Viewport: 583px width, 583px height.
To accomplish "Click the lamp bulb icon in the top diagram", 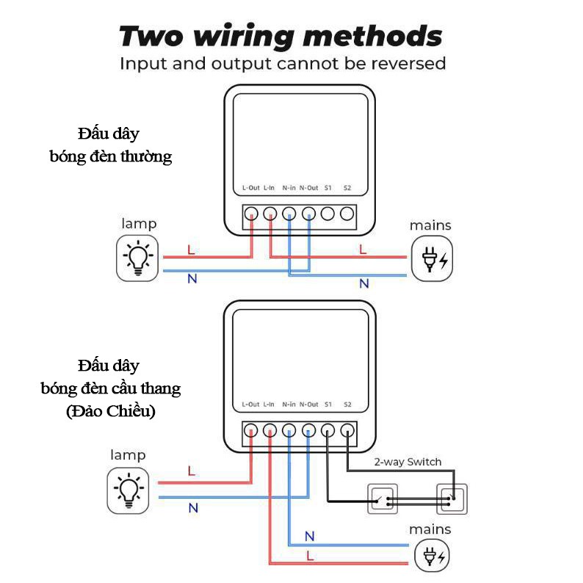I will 139,257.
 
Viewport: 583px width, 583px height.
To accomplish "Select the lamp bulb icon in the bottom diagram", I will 130,490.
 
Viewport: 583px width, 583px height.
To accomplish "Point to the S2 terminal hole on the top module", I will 347,214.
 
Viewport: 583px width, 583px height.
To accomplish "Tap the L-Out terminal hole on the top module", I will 251,214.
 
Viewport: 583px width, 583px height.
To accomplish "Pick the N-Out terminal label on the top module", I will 309,188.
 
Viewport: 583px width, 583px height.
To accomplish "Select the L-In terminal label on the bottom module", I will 269,405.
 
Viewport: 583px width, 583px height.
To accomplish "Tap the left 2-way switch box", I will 381,499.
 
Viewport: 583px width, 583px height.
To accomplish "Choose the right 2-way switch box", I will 452,499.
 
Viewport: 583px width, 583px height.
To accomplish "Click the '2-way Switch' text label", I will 408,462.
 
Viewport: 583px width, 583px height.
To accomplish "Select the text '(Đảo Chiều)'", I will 110,411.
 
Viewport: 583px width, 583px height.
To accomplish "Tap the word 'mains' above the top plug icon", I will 430,225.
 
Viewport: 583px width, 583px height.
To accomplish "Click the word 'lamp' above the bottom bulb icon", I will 128,455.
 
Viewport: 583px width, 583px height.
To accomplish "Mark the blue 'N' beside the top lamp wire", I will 192,278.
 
